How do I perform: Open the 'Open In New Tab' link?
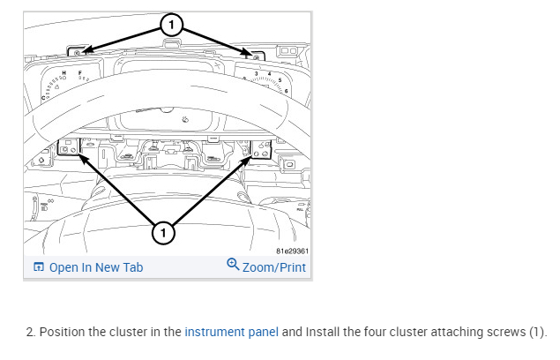click(95, 267)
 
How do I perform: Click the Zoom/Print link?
click(273, 267)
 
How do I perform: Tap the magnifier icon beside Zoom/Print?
click(233, 265)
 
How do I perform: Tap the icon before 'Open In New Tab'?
click(38, 267)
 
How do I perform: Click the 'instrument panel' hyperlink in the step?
click(231, 332)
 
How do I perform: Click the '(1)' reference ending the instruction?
click(538, 332)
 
